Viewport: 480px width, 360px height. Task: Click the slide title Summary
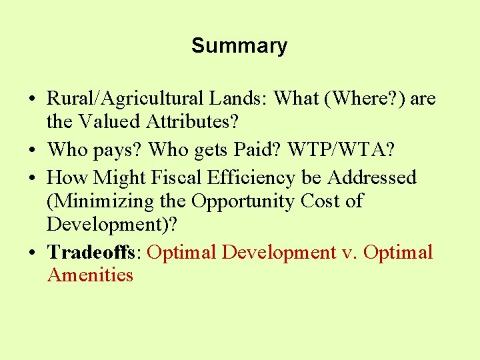point(239,46)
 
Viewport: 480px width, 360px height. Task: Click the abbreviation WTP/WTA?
point(341,150)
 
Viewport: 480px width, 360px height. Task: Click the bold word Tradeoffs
point(93,253)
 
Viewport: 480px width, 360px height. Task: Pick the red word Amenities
point(90,275)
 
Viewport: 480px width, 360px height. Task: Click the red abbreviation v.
point(350,253)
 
